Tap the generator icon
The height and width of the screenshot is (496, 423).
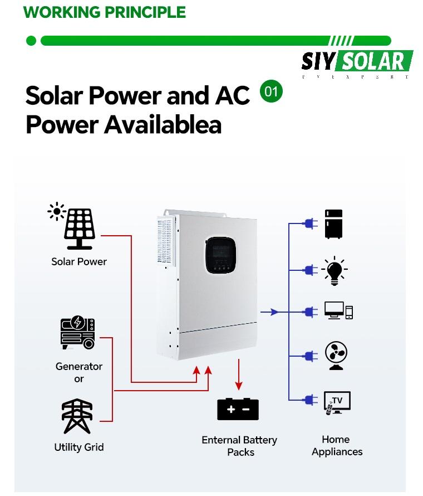click(78, 333)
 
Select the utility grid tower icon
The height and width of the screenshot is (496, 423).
click(77, 416)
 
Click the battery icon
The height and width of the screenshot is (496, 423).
click(238, 410)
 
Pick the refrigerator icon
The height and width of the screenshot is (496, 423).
click(334, 224)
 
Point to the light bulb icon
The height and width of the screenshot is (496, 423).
click(335, 270)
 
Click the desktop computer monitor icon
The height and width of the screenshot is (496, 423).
click(334, 311)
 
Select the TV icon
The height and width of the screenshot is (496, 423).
click(337, 402)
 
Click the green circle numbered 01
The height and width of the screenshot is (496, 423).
click(271, 91)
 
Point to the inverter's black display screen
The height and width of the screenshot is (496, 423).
click(219, 255)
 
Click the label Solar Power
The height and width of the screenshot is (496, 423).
click(79, 261)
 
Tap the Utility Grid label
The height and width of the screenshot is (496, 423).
click(79, 447)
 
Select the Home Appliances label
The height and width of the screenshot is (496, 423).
click(337, 446)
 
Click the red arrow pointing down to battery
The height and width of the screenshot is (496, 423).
click(239, 385)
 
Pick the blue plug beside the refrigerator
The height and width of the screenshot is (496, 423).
click(309, 224)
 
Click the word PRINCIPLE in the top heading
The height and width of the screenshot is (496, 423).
click(144, 12)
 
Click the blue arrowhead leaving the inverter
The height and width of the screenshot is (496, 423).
click(274, 312)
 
